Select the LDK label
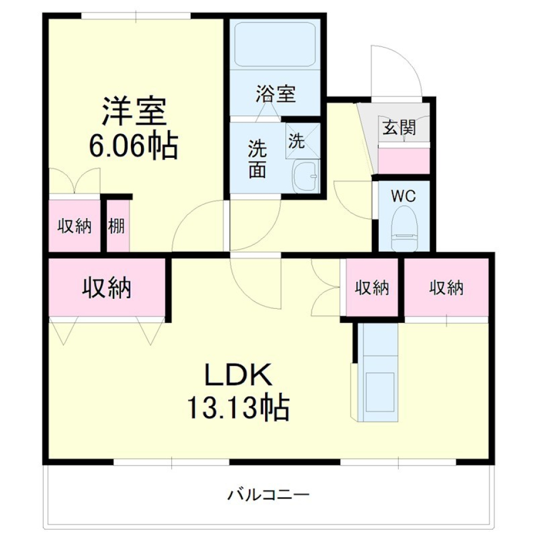(x=238, y=375)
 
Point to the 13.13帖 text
(x=238, y=408)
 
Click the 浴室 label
(x=275, y=94)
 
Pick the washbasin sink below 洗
(x=305, y=177)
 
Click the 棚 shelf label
(x=117, y=227)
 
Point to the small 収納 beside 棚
(x=75, y=227)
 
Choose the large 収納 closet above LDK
(x=107, y=288)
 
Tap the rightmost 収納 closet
(x=446, y=288)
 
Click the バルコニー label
(x=268, y=494)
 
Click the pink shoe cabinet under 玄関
(x=404, y=159)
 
